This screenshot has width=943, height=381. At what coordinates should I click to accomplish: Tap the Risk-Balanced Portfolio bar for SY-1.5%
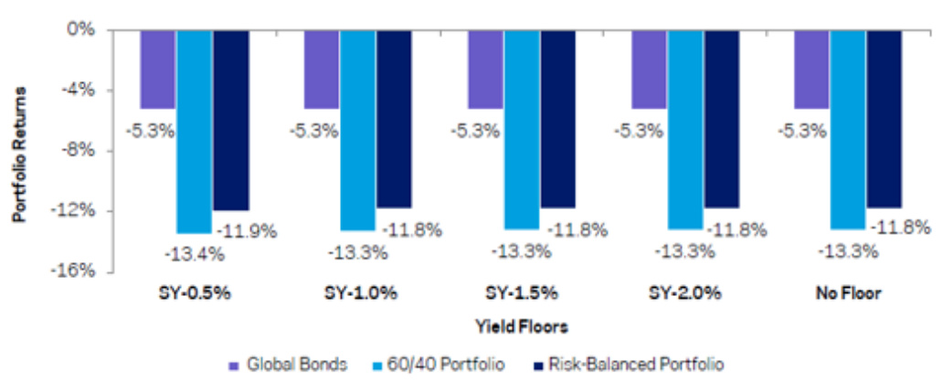pos(558,119)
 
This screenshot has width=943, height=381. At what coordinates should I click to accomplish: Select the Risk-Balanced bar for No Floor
pos(885,119)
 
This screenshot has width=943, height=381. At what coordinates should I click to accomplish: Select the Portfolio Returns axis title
pos(19,153)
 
